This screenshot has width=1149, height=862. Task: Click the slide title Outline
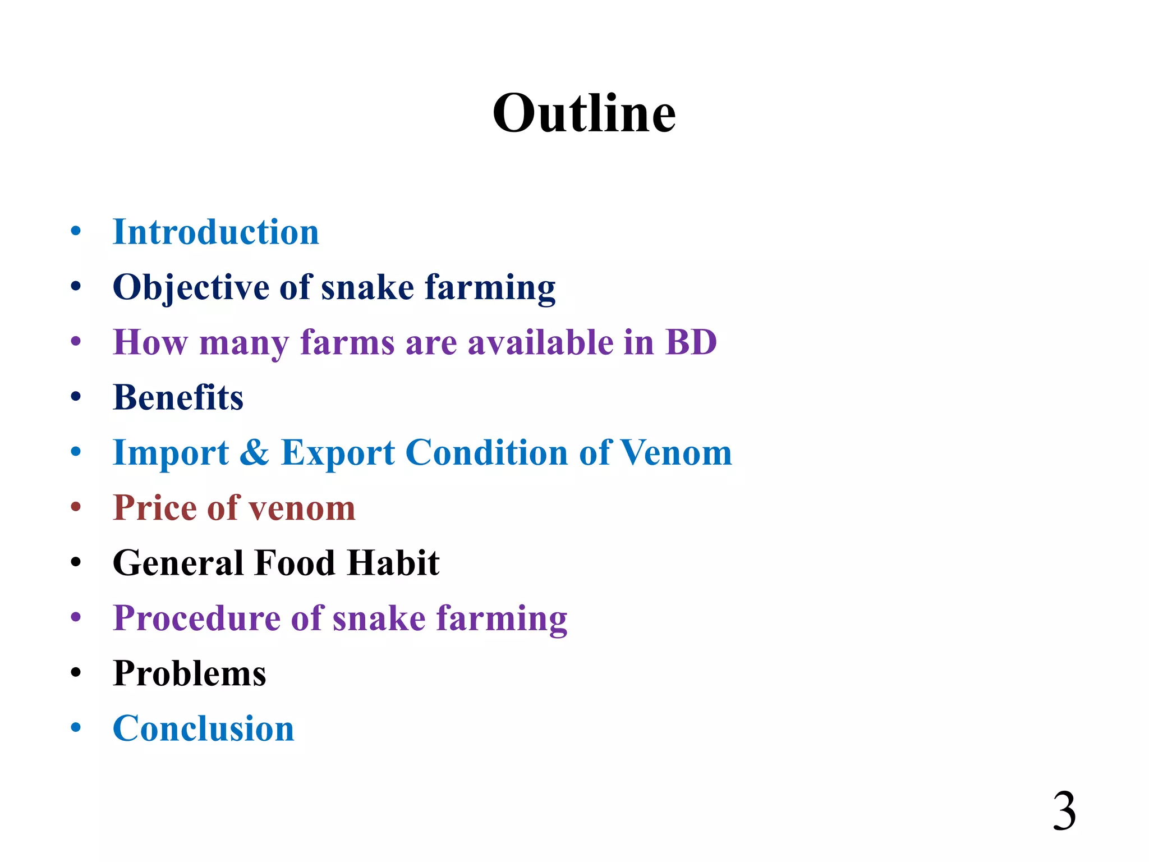coord(584,113)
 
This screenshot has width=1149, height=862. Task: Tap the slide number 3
coord(1064,811)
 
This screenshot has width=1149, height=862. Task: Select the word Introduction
coord(216,232)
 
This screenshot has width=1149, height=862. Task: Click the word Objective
coord(191,288)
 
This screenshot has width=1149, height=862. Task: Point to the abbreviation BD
coord(691,342)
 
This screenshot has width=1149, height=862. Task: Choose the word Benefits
coord(178,397)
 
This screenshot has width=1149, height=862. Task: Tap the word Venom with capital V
coord(676,452)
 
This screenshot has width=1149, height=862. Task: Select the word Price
coord(154,507)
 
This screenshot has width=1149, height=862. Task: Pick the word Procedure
coord(196,618)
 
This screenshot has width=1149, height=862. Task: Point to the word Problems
coord(189,673)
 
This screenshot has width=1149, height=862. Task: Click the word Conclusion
coord(203,728)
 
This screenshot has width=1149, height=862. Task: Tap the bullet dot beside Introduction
coord(76,231)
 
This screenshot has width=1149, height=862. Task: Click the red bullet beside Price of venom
coord(76,507)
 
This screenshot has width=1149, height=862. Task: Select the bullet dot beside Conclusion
coord(76,728)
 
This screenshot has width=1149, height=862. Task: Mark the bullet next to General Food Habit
coord(76,562)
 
